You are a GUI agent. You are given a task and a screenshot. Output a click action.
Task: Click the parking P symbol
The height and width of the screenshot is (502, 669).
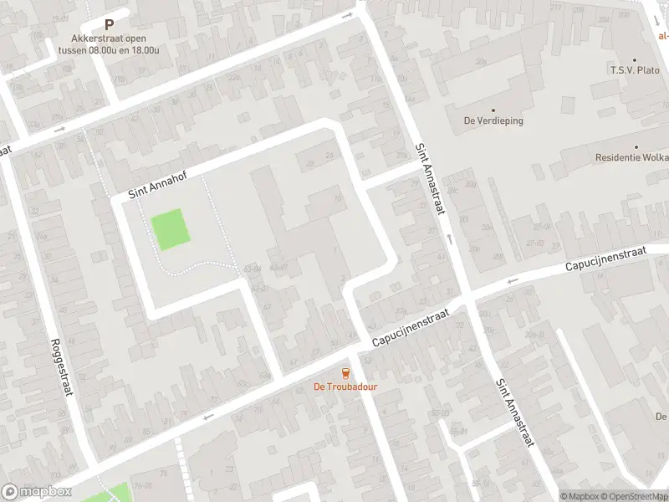point(109,25)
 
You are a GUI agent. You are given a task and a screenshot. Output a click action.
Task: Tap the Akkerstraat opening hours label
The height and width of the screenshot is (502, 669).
point(109,44)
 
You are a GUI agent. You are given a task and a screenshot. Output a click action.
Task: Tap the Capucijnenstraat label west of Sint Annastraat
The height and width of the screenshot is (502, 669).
point(411,327)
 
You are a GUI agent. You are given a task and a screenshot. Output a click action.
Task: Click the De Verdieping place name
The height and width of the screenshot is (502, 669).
point(493,120)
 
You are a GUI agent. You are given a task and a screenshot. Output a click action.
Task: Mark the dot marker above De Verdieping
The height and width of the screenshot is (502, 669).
point(493,110)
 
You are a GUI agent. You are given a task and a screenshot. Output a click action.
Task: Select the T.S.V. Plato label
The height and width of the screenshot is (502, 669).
point(635,71)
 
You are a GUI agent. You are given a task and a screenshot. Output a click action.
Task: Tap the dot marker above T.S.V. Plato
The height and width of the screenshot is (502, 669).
point(635,60)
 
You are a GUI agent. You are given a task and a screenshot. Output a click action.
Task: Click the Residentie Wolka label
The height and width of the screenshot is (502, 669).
point(631,157)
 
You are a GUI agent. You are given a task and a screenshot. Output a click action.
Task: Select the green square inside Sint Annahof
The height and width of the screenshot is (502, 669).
point(170,228)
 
